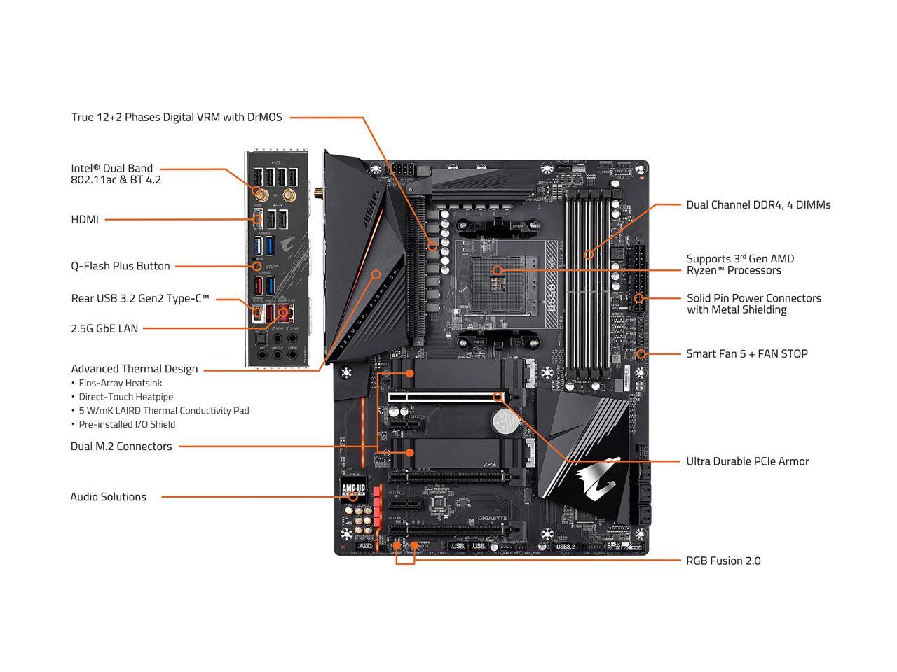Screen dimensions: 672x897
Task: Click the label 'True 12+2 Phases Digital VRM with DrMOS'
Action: [x=177, y=117]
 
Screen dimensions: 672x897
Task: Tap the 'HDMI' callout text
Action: [x=85, y=219]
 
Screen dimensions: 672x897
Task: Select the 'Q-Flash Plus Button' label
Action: [x=121, y=266]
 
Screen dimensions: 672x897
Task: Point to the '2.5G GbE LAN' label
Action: [x=104, y=328]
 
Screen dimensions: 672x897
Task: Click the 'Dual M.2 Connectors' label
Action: [x=121, y=446]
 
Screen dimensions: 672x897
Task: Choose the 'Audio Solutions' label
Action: [x=108, y=497]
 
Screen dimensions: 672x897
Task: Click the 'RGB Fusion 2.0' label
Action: [x=723, y=561]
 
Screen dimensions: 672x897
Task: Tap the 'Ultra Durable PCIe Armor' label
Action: [x=747, y=461]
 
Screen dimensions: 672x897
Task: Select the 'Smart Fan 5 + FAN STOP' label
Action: [x=747, y=353]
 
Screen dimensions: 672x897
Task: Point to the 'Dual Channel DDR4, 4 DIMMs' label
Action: [x=758, y=205]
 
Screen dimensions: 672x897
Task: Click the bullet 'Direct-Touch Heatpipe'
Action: [x=125, y=397]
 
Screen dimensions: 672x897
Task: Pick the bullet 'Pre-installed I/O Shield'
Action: [x=127, y=424]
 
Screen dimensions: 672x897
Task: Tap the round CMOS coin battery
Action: [x=502, y=420]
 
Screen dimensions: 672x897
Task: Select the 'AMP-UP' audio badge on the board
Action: [x=353, y=488]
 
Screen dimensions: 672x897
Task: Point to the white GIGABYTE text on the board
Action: [x=492, y=518]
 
